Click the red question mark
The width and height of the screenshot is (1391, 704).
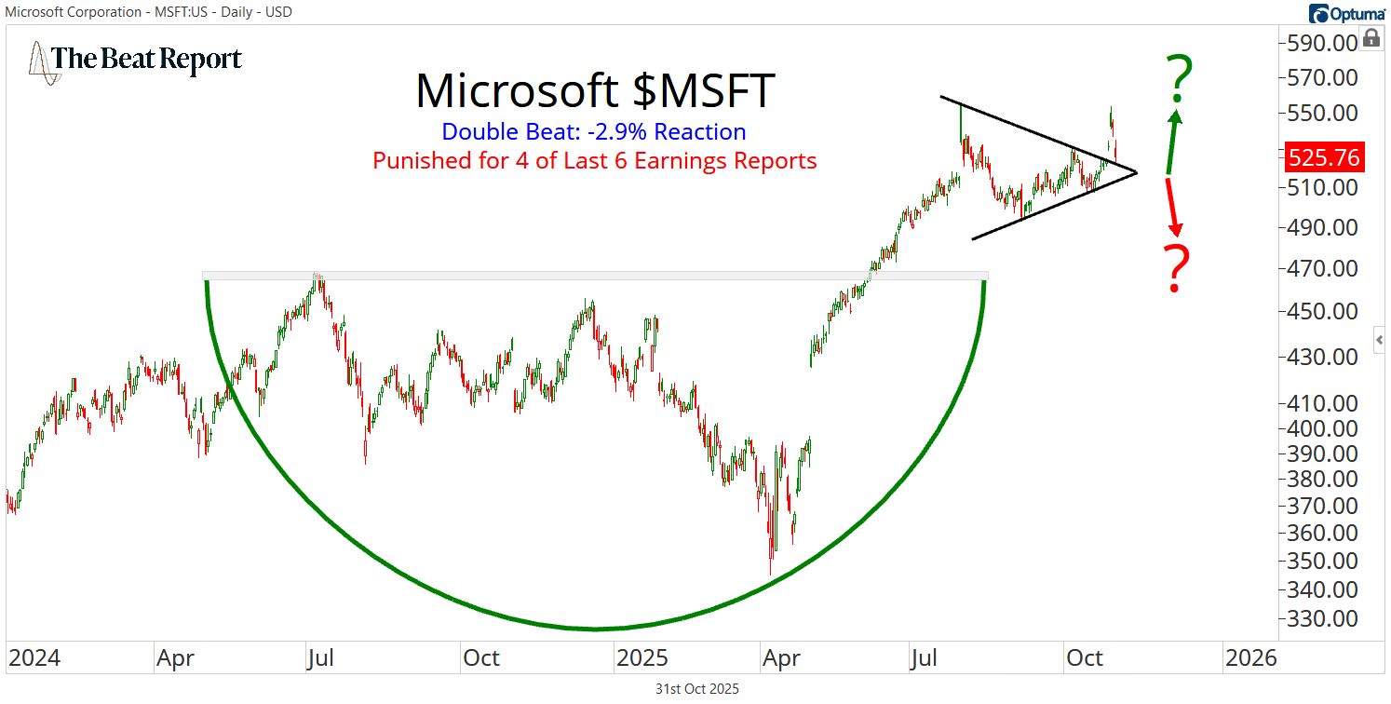[x=1178, y=269]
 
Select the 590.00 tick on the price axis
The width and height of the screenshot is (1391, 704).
[x=1322, y=43]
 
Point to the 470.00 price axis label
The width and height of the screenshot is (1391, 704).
[x=1322, y=269]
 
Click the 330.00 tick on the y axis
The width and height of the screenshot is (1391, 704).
[x=1322, y=618]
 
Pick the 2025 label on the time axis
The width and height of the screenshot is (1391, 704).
[x=642, y=658]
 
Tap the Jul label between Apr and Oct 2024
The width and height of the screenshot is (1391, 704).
[x=320, y=658]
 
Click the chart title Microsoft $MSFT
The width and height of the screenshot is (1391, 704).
[x=595, y=91]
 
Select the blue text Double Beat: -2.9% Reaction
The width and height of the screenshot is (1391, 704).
[x=594, y=132]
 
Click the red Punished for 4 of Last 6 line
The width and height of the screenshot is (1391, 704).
[x=594, y=160]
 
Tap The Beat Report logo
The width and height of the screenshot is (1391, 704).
[x=136, y=60]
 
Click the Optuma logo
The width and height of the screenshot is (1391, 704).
[x=1346, y=13]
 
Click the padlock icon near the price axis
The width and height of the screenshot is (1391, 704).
[x=1371, y=38]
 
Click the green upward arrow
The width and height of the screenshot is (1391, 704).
[x=1173, y=140]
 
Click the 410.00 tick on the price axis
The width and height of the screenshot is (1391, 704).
[x=1322, y=403]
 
